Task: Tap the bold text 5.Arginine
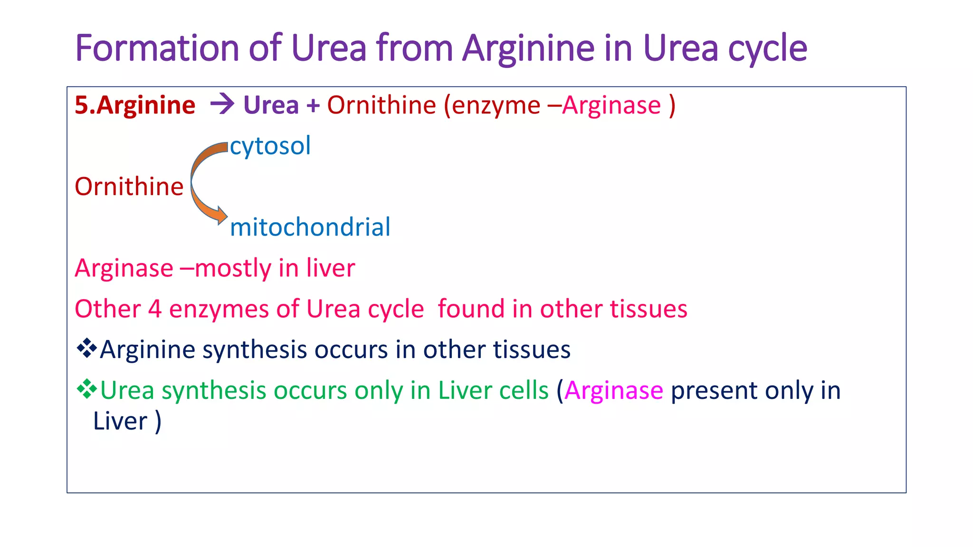135,105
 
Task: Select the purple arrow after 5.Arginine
222,104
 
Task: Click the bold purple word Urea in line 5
271,105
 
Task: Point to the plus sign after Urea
313,106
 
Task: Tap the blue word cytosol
270,146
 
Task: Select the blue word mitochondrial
310,227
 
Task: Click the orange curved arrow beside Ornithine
202,183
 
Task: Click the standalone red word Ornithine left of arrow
129,186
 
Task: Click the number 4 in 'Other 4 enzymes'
155,309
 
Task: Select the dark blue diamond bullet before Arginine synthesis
86,349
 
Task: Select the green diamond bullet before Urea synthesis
86,389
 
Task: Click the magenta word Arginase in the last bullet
614,391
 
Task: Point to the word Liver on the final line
120,421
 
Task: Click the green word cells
527,390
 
